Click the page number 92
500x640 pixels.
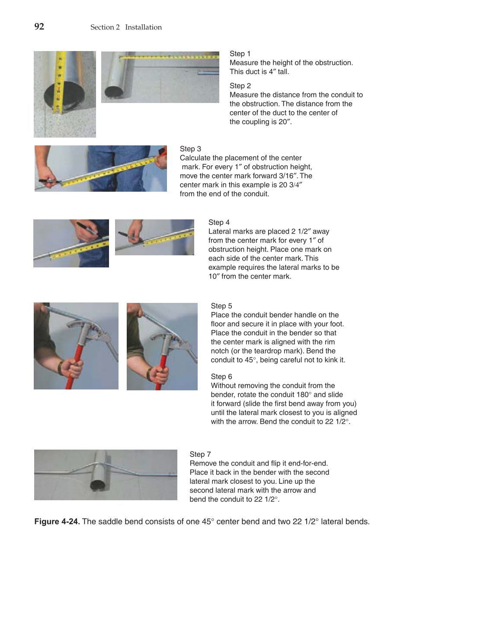click(39, 27)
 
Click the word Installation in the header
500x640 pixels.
click(143, 27)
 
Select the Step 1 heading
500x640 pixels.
click(240, 54)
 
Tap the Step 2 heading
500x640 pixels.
click(240, 86)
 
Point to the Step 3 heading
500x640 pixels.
click(190, 149)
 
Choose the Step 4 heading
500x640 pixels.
click(219, 222)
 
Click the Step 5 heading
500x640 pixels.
click(221, 306)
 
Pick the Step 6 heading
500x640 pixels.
click(221, 376)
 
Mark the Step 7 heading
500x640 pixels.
click(200, 454)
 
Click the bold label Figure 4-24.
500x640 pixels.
click(57, 521)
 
